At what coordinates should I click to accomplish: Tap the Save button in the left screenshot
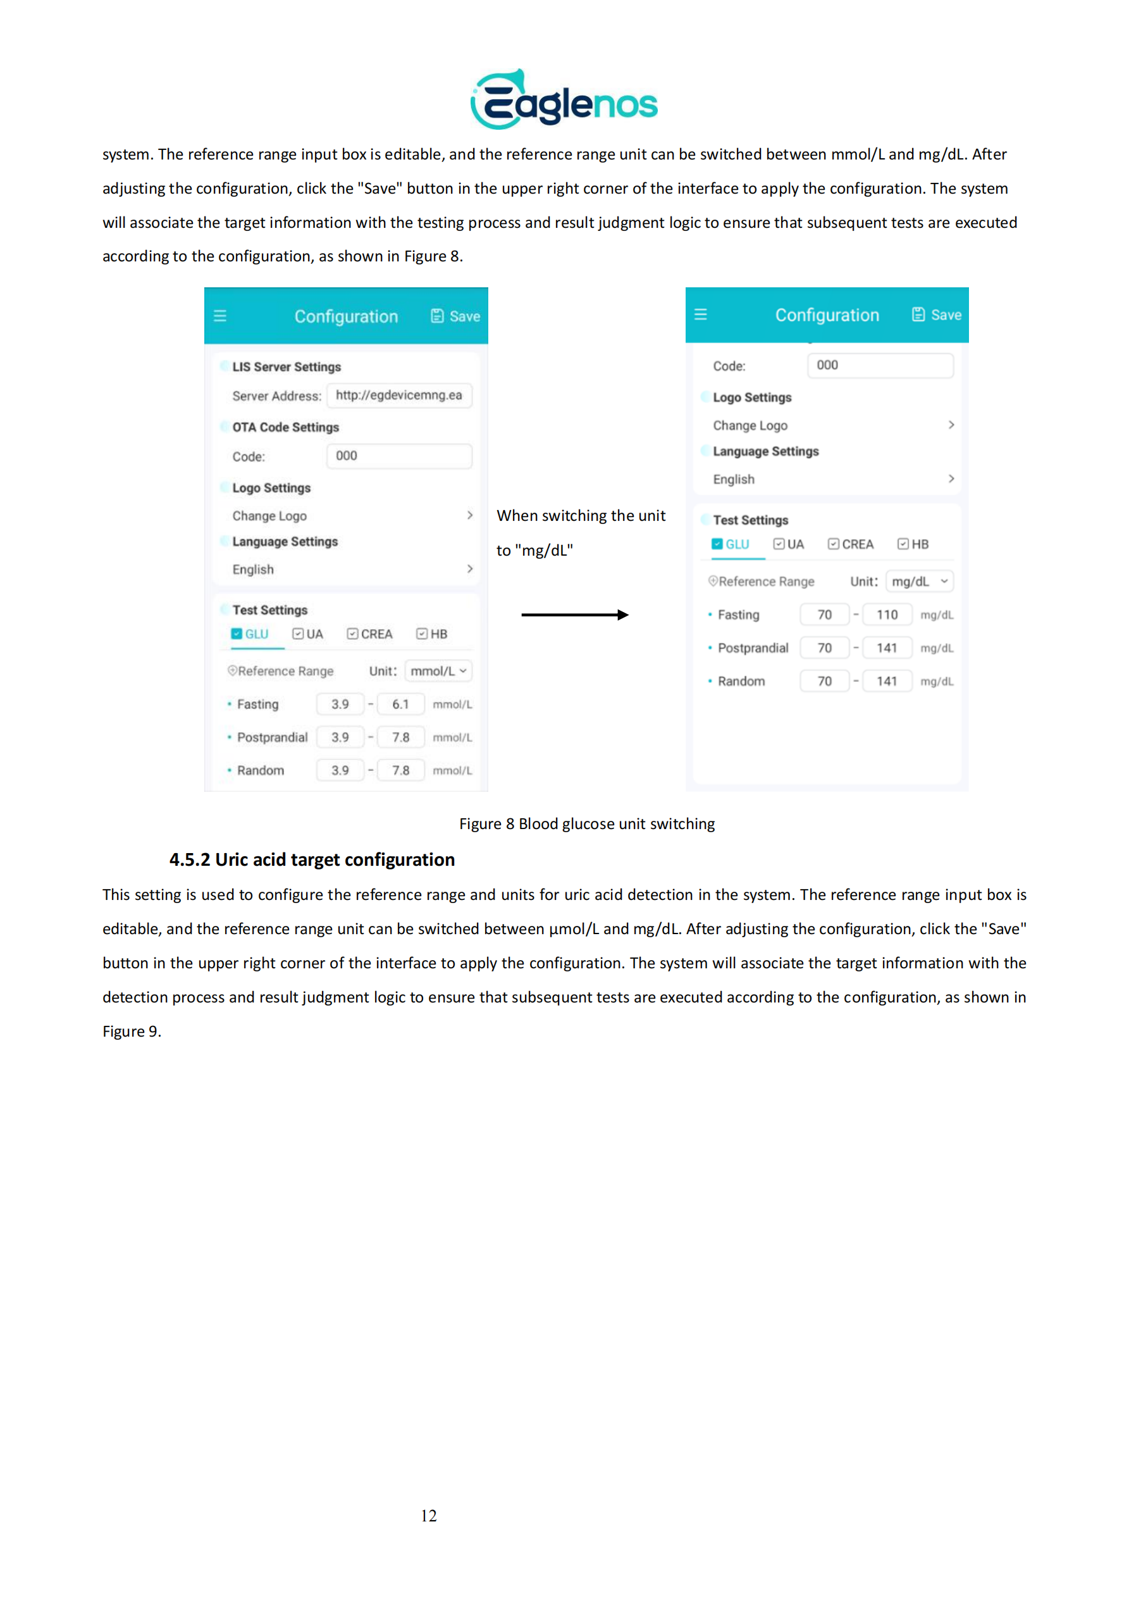455,316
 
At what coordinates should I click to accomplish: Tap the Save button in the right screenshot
937,315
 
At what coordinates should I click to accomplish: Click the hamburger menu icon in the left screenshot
220,316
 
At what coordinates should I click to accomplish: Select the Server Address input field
398,396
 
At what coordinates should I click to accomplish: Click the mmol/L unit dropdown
438,671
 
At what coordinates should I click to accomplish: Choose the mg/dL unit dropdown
919,581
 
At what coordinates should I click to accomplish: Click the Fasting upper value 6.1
400,704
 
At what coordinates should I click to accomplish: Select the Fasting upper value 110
886,615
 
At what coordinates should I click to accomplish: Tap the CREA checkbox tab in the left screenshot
370,634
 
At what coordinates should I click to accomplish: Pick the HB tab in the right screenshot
913,544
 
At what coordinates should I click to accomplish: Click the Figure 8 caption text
586,824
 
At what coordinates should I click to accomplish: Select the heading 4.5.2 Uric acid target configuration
312,860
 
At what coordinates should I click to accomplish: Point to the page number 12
428,1515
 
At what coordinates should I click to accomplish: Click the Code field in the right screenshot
879,365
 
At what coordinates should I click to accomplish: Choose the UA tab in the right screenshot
789,544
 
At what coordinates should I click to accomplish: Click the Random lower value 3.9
340,770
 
